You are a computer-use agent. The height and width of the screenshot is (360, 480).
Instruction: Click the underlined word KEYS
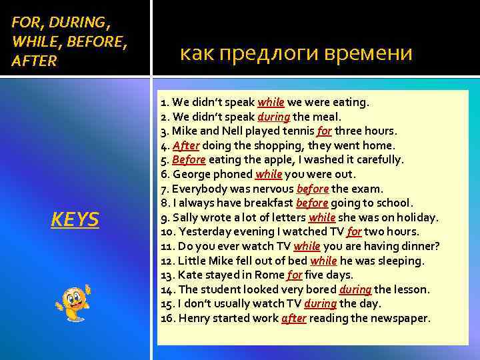point(75,219)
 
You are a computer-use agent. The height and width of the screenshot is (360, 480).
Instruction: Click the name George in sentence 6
point(193,174)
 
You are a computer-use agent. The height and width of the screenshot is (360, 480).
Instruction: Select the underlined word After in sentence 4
point(185,145)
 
